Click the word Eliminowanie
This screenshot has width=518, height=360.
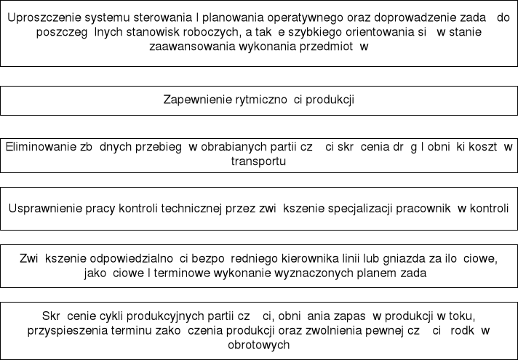point(40,146)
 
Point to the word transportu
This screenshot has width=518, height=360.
point(258,161)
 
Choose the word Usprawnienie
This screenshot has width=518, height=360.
point(45,207)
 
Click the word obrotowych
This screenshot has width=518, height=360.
point(259,345)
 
